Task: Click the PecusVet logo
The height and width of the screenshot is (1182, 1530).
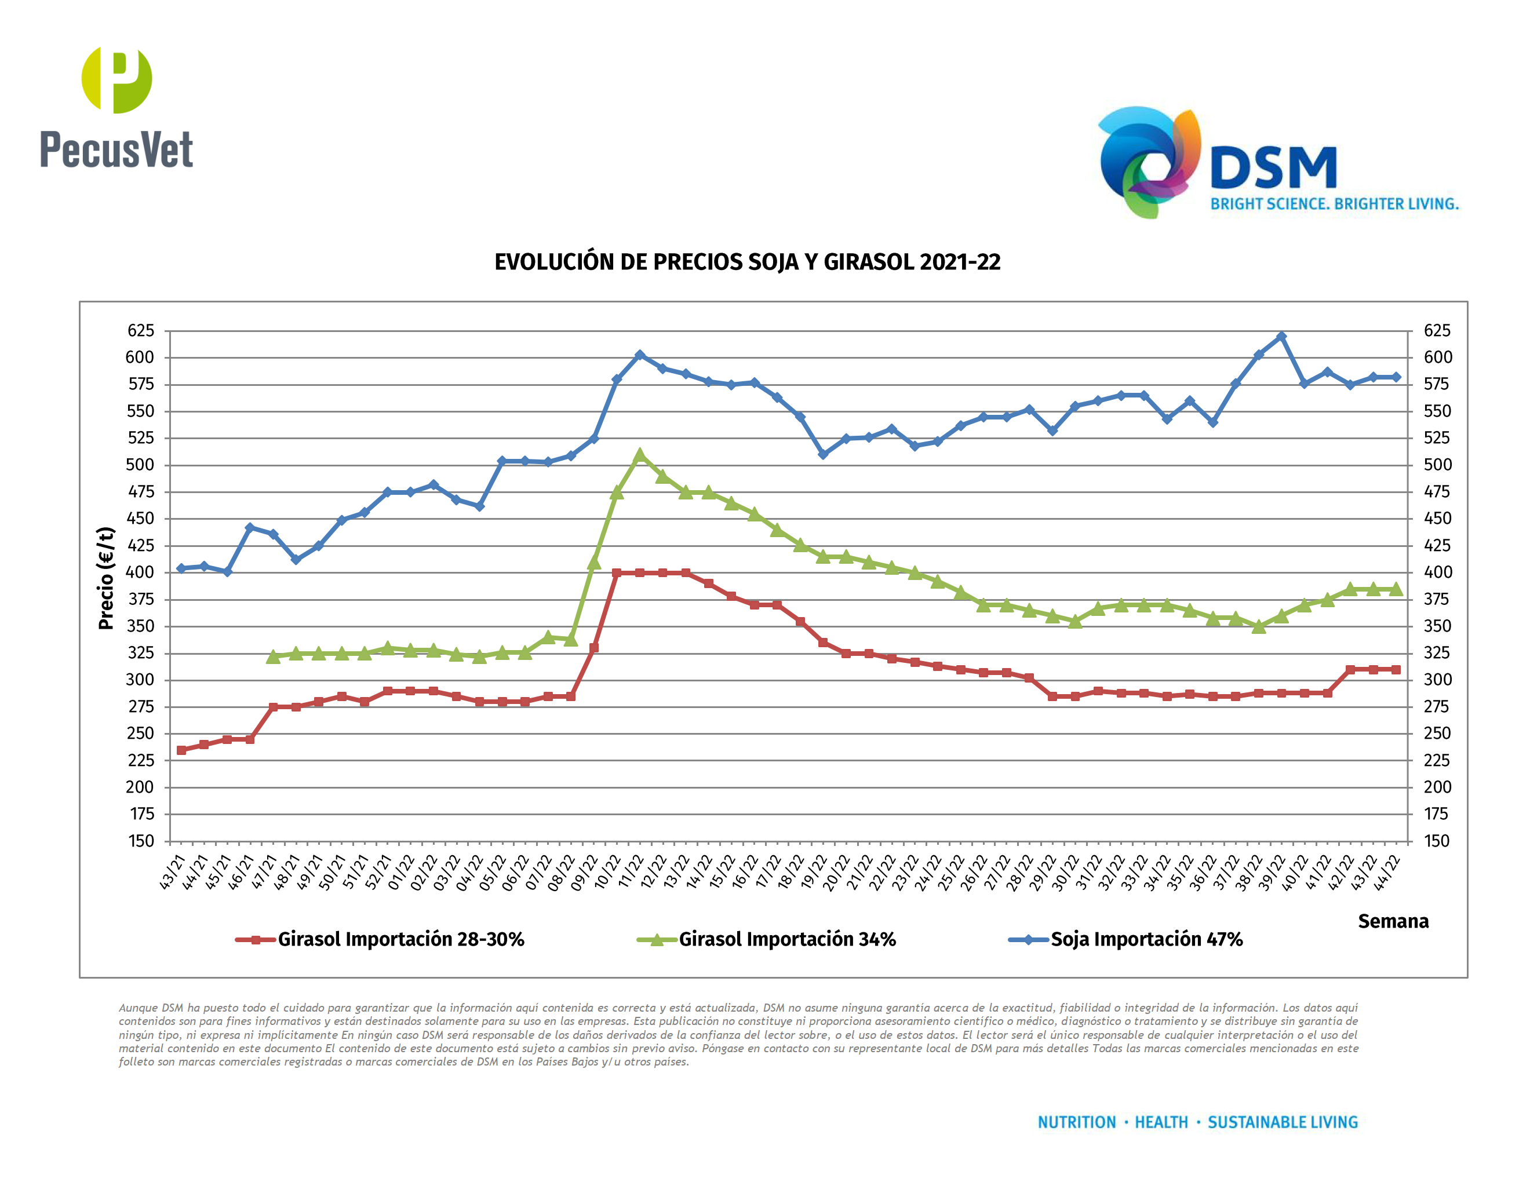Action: click(116, 108)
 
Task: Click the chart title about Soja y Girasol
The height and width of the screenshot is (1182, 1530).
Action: click(747, 262)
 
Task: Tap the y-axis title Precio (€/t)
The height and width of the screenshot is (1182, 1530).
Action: click(106, 578)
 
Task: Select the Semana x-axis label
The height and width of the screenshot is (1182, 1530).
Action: click(1393, 921)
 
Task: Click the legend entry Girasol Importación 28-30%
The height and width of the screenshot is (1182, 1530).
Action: click(400, 939)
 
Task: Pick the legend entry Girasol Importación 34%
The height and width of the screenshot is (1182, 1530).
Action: click(786, 939)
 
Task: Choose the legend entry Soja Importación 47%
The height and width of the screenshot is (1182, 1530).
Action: click(1146, 939)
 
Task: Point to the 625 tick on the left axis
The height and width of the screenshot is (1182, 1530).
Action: click(141, 330)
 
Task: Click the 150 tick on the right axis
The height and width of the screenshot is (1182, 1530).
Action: click(1436, 841)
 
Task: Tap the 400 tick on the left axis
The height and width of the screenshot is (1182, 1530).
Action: click(140, 572)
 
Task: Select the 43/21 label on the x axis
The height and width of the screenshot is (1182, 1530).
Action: click(172, 872)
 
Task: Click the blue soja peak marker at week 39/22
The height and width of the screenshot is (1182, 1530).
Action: click(1281, 337)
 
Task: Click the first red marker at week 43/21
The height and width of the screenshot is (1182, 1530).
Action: click(181, 750)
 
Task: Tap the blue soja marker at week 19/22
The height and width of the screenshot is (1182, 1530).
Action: click(823, 454)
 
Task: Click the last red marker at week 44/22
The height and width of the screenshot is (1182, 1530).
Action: click(1396, 669)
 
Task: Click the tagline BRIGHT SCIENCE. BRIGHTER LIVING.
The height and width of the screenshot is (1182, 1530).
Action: click(1335, 204)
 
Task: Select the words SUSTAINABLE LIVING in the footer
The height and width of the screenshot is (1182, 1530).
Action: click(1282, 1122)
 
